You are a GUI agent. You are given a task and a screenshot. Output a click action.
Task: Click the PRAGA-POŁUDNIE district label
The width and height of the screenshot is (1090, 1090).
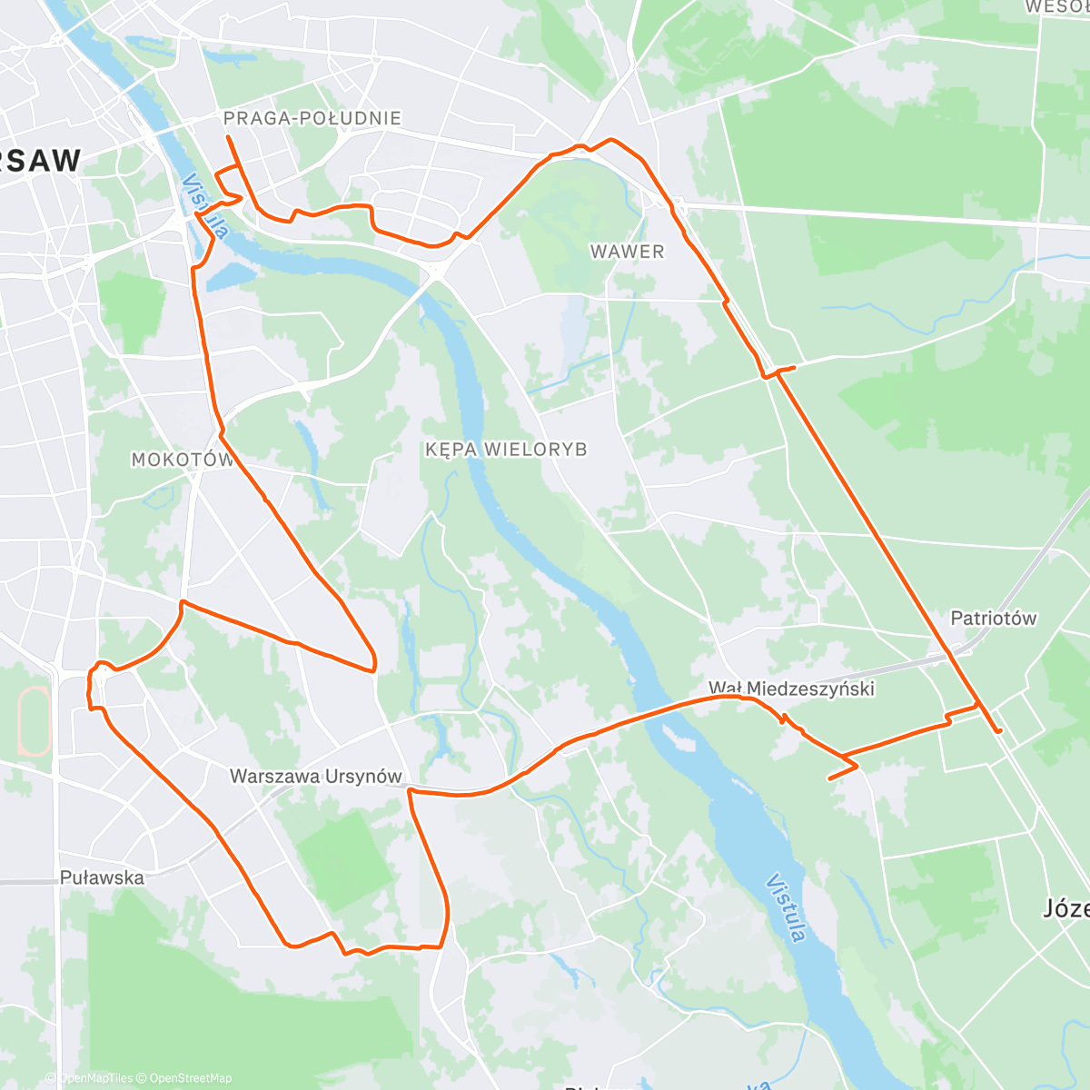(x=312, y=118)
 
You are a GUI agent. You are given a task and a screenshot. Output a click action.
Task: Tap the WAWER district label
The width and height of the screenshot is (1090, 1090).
(x=627, y=252)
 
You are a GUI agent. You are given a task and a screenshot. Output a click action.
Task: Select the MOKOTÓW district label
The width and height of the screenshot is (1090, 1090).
(x=183, y=460)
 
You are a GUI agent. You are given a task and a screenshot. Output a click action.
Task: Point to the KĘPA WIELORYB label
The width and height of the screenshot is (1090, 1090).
(x=506, y=450)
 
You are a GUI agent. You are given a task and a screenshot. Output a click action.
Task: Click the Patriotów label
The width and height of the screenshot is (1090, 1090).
(x=993, y=619)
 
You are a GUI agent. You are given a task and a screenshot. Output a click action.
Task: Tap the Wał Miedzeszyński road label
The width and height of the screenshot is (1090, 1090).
(x=792, y=689)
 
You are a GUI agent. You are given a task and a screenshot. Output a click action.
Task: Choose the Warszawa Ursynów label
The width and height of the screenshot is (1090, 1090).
(x=315, y=777)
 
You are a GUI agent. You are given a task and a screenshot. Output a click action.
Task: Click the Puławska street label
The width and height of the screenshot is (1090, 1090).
(x=102, y=877)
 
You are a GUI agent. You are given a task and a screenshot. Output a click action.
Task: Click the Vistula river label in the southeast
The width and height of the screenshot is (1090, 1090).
(x=786, y=908)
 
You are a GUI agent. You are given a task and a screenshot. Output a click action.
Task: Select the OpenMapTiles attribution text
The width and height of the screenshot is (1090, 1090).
(x=94, y=1078)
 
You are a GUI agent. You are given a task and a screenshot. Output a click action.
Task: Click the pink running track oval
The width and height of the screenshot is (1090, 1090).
(x=35, y=722)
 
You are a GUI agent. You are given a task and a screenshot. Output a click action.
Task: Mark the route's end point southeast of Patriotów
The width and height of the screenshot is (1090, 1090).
(x=1000, y=731)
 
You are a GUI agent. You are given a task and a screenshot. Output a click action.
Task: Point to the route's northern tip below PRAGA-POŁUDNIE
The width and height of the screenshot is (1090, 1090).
(x=227, y=137)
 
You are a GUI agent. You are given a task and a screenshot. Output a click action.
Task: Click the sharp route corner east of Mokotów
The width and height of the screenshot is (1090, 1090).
(x=373, y=669)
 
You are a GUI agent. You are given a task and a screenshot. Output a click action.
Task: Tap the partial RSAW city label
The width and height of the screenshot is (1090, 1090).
(x=41, y=161)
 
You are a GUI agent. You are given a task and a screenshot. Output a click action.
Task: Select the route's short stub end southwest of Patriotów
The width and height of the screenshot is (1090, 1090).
(x=829, y=778)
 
